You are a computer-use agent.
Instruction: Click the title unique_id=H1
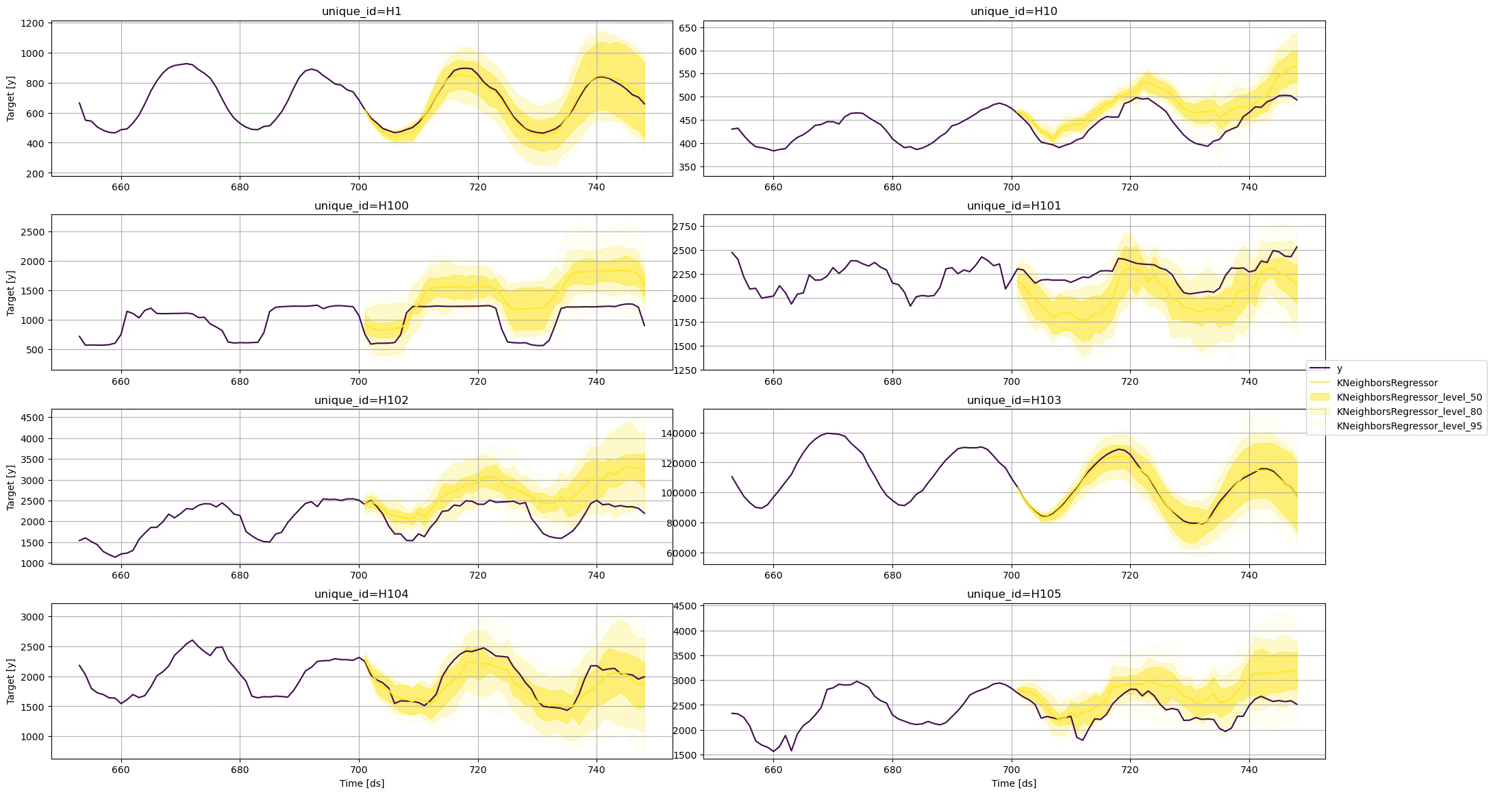point(362,11)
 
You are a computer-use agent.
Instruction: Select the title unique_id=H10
point(1014,11)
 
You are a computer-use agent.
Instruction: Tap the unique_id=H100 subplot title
point(362,205)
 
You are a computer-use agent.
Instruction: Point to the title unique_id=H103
point(1014,400)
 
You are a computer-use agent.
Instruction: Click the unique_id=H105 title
point(1014,594)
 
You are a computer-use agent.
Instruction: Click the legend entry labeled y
point(1340,368)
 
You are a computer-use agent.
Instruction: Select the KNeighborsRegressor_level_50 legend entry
point(1409,397)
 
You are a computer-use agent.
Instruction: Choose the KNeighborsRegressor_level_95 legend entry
point(1409,426)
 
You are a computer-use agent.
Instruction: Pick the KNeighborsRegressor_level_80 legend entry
point(1409,412)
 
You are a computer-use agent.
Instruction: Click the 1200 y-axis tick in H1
point(33,23)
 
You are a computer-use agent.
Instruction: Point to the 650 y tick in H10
point(688,28)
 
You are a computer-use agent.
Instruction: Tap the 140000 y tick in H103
point(679,433)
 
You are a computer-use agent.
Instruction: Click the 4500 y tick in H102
point(33,418)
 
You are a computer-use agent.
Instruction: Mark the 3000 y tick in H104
point(33,617)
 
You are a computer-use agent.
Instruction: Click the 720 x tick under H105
point(1130,770)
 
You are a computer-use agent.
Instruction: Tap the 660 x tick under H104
point(121,770)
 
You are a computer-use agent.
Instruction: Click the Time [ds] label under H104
point(362,783)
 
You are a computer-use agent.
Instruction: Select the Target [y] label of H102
point(10,487)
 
